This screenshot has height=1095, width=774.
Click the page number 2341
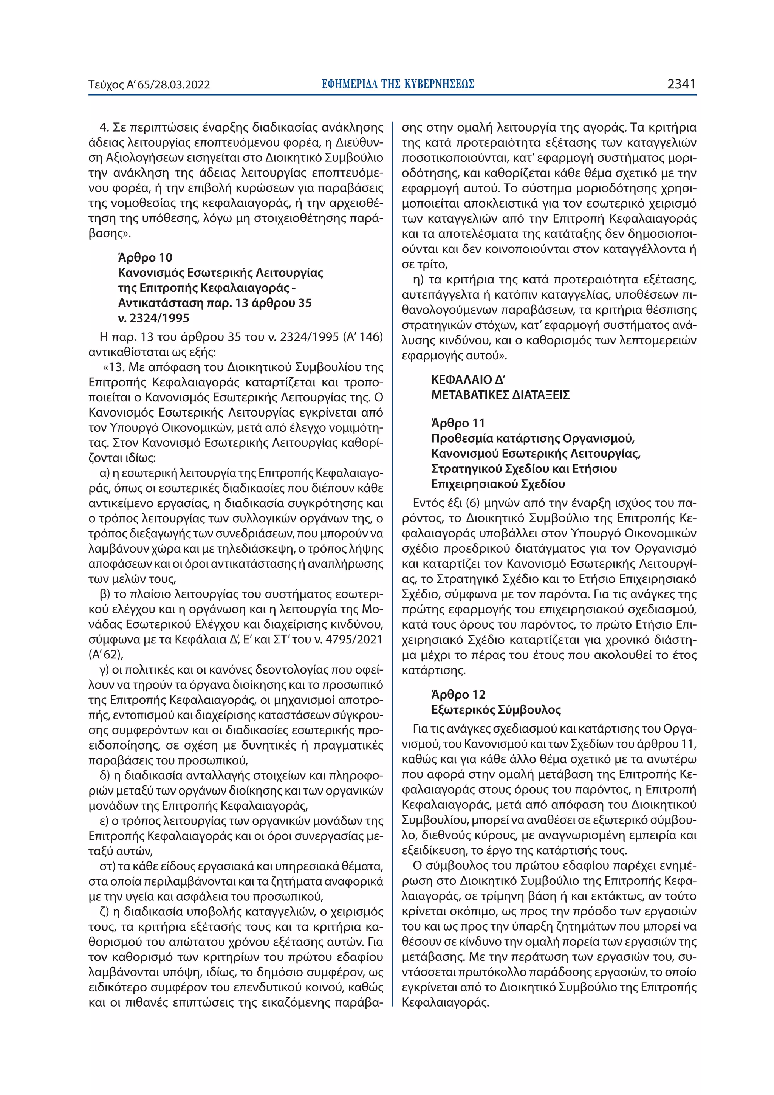coord(681,84)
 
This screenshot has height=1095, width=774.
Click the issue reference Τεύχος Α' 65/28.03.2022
coord(149,85)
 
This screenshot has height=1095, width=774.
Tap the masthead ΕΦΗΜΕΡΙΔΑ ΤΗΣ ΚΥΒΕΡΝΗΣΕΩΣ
coord(398,84)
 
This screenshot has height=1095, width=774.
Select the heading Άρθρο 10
coord(145,257)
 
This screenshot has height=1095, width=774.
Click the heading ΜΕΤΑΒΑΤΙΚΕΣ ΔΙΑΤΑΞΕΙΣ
coord(500,395)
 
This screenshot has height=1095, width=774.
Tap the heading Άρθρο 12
coord(458,694)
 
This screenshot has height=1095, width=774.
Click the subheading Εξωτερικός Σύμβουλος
coord(496,709)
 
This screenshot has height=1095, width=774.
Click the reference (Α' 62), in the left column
coord(106,654)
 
